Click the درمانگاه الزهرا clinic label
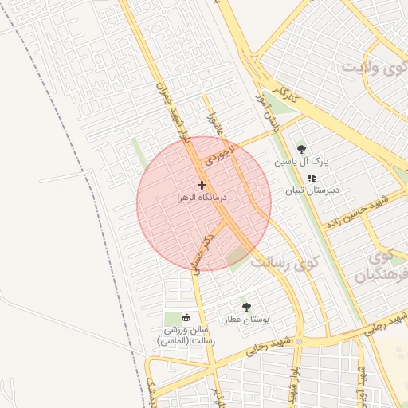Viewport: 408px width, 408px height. pyautogui.click(x=202, y=196)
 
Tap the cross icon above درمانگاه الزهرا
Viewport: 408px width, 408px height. pyautogui.click(x=202, y=185)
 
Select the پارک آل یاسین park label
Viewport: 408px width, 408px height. pyautogui.click(x=302, y=161)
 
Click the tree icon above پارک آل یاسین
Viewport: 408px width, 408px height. pyautogui.click(x=301, y=149)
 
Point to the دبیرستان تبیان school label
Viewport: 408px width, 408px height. pyautogui.click(x=313, y=190)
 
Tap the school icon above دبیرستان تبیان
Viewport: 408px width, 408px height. pyautogui.click(x=311, y=178)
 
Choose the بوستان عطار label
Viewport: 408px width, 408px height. pyautogui.click(x=246, y=319)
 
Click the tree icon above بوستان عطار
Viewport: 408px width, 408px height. pyautogui.click(x=245, y=307)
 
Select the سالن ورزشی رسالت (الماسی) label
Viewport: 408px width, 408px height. pyautogui.click(x=186, y=335)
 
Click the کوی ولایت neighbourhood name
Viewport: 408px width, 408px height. pyautogui.click(x=374, y=67)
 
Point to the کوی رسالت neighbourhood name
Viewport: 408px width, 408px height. pyautogui.click(x=285, y=261)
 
